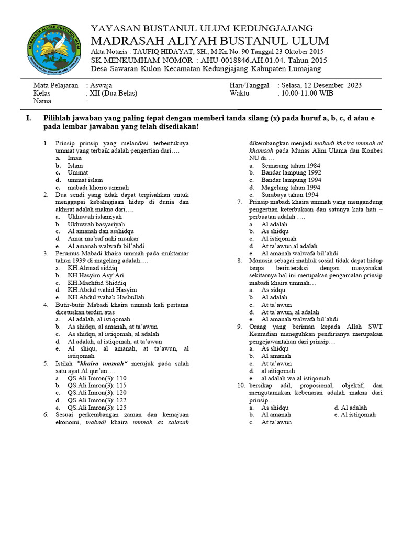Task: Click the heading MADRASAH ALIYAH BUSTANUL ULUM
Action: [x=210, y=41]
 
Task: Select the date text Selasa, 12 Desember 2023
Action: [x=321, y=85]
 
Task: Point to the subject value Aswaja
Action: [x=100, y=85]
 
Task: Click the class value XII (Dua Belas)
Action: [x=113, y=93]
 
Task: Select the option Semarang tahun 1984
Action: [x=291, y=165]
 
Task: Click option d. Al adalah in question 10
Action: [x=350, y=408]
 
